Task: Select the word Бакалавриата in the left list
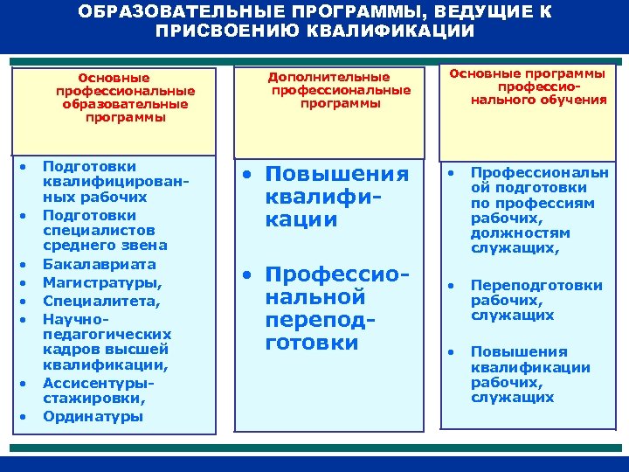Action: click(x=99, y=264)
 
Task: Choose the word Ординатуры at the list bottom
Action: click(x=93, y=416)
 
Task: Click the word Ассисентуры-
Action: click(x=98, y=383)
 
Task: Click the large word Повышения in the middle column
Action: click(x=336, y=174)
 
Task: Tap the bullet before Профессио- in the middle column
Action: click(x=249, y=274)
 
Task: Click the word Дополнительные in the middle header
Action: click(x=328, y=77)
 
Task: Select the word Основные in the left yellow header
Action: click(x=114, y=77)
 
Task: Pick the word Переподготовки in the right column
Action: click(x=536, y=285)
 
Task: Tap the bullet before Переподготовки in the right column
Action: click(x=451, y=285)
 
